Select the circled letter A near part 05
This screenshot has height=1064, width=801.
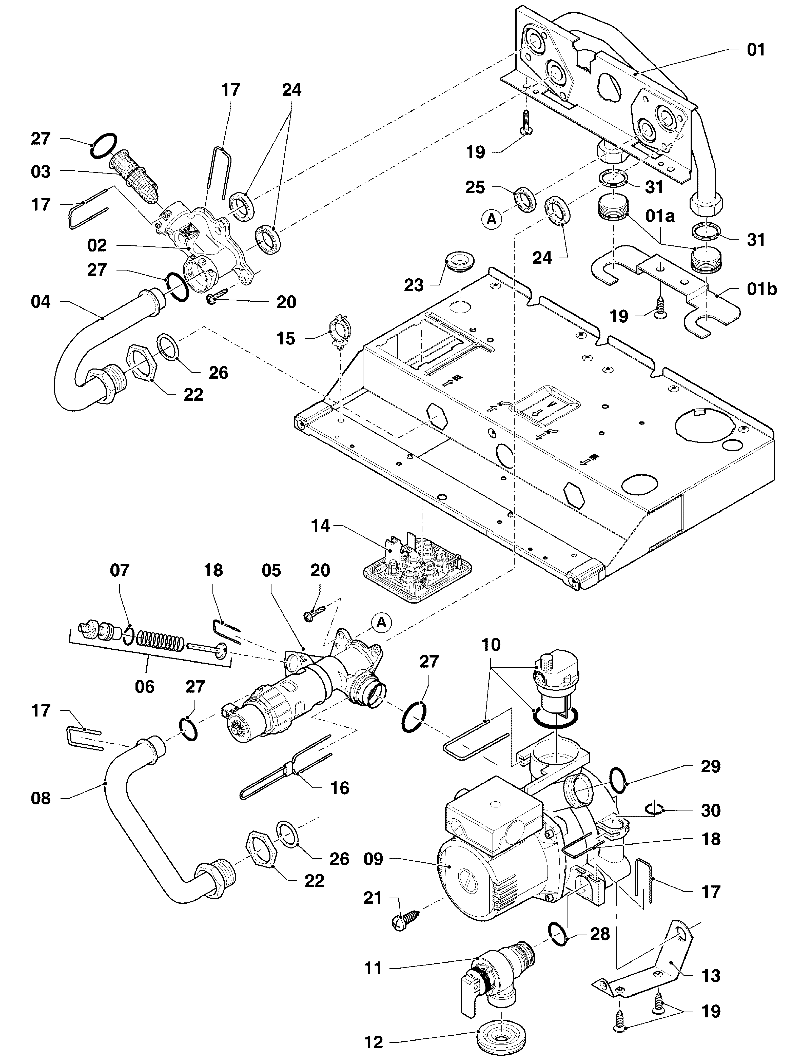(381, 623)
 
